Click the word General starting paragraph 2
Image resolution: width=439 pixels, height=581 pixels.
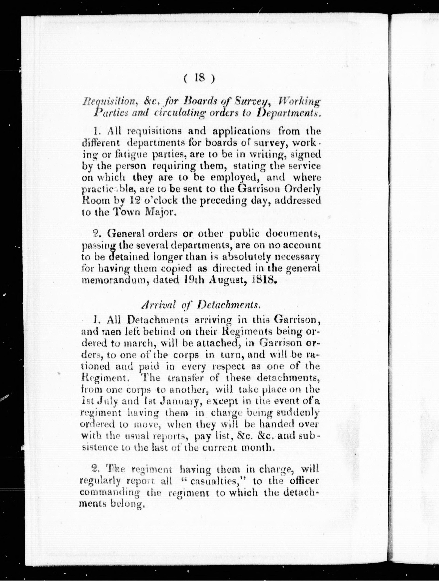click(x=125, y=233)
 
